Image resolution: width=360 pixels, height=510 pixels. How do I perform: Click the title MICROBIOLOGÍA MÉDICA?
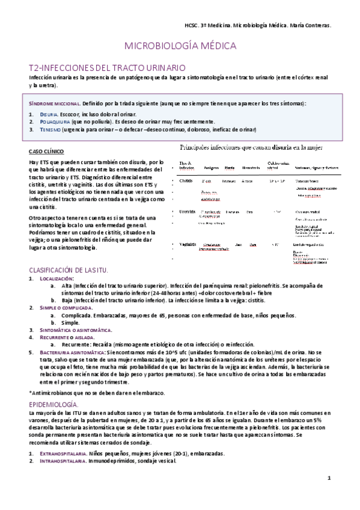pos(180,46)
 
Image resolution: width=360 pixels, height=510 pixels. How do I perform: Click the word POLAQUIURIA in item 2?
pos(57,121)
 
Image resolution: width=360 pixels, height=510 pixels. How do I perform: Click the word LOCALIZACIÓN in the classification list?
pos(56,278)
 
